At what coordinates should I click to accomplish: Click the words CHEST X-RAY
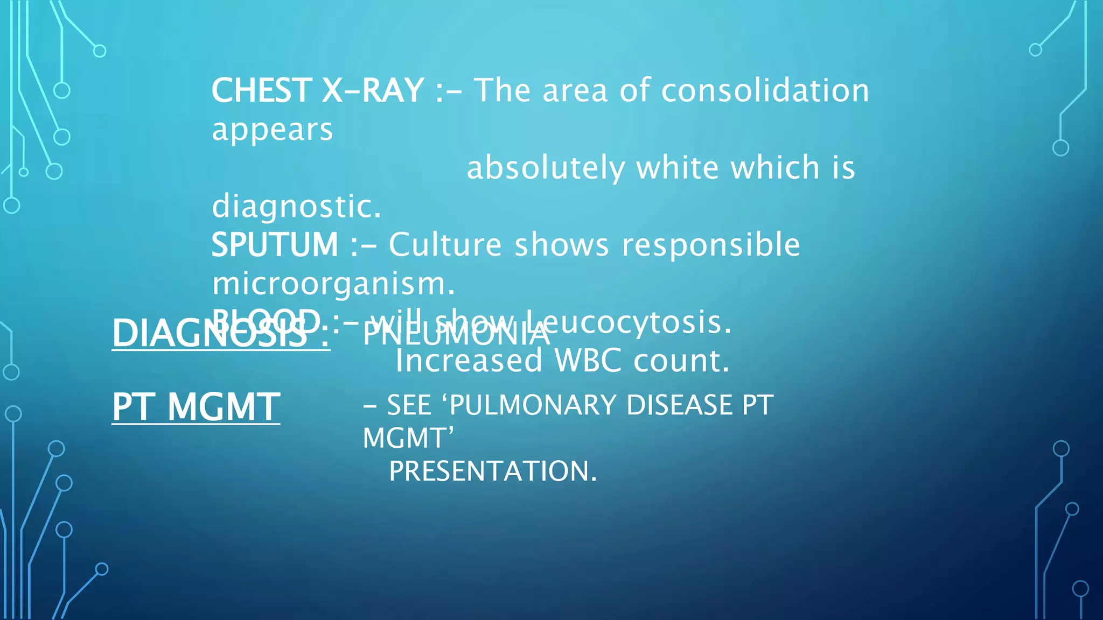tap(318, 90)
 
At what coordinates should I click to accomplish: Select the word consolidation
tap(765, 90)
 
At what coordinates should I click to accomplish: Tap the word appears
tap(272, 130)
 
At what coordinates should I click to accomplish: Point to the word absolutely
tap(545, 168)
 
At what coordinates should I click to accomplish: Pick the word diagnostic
tap(296, 207)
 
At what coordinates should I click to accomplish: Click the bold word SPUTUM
tap(275, 245)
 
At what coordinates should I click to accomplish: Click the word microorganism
tap(333, 284)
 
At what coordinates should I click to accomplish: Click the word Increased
tap(469, 361)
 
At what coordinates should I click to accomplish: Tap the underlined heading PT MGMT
tap(196, 407)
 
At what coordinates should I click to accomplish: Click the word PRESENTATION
tap(492, 471)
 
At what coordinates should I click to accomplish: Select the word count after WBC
tap(681, 361)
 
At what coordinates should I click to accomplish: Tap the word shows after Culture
tap(562, 245)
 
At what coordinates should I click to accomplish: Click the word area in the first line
tap(575, 90)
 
